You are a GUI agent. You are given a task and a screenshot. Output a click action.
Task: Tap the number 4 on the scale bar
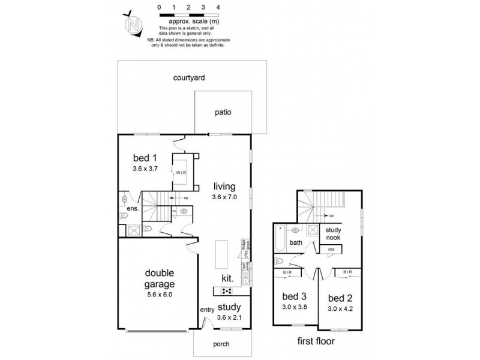click(217, 7)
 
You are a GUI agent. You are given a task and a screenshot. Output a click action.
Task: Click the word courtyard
click(189, 77)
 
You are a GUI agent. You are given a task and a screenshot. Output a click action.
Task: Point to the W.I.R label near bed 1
click(180, 172)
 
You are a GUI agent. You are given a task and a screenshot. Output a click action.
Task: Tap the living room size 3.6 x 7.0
click(225, 197)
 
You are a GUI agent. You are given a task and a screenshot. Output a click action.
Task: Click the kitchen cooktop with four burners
click(228, 291)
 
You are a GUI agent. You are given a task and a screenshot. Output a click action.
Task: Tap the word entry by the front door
click(207, 310)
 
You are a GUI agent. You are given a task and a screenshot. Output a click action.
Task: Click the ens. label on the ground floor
click(133, 208)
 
